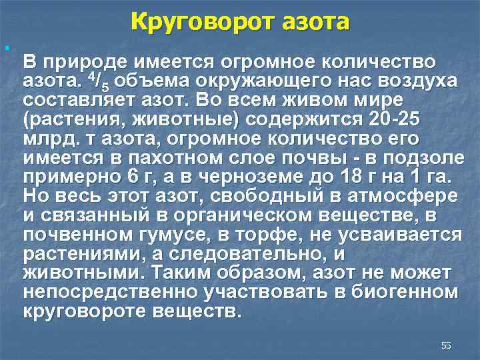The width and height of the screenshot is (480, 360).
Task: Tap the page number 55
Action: coord(446,345)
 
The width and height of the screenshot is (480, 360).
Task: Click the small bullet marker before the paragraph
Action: coord(5,48)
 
